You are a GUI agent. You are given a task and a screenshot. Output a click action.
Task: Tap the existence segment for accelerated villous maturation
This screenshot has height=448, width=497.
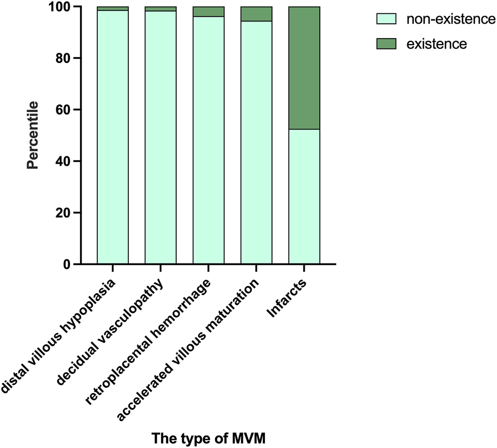tap(256, 14)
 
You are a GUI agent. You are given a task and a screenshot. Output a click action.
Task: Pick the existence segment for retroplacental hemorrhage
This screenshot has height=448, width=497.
tap(208, 12)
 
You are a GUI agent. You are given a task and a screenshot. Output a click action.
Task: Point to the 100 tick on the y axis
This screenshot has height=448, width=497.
tap(63, 7)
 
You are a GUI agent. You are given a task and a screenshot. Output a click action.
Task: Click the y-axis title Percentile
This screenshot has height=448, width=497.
tap(33, 135)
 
